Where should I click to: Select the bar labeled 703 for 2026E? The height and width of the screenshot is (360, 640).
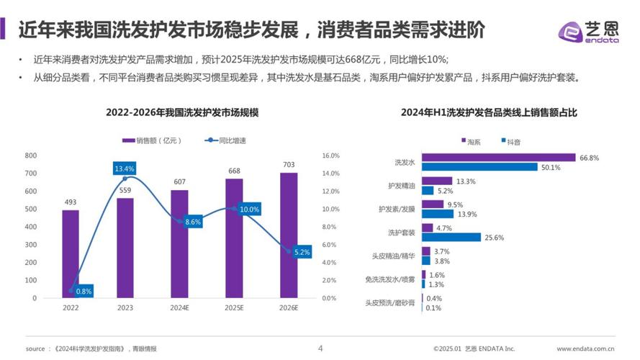tap(289, 235)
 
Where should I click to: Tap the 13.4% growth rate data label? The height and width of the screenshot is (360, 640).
tap(125, 168)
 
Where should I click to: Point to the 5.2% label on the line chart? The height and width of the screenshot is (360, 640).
tap(302, 252)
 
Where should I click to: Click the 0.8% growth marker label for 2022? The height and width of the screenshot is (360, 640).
tap(84, 291)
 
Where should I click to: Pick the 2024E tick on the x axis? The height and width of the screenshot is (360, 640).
tap(180, 307)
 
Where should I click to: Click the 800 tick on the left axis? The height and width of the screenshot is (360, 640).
tap(30, 156)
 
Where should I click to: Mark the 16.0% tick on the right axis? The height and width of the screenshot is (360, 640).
tap(330, 156)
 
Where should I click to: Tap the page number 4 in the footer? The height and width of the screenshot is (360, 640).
tap(320, 348)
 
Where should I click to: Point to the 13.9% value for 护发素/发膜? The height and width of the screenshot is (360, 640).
tap(467, 214)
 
